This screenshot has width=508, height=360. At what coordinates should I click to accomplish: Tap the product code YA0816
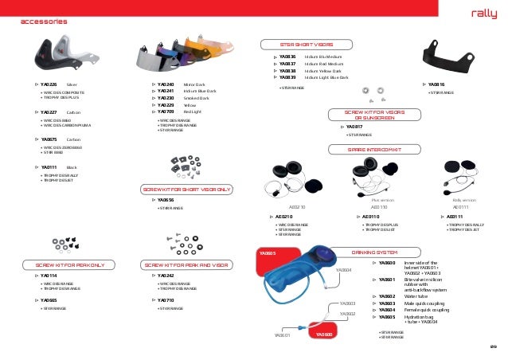click(x=436, y=84)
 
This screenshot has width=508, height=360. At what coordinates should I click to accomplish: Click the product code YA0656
click(x=166, y=200)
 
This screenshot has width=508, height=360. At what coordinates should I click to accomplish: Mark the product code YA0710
click(x=166, y=300)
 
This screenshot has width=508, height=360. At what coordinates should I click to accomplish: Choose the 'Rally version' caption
click(x=463, y=201)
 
